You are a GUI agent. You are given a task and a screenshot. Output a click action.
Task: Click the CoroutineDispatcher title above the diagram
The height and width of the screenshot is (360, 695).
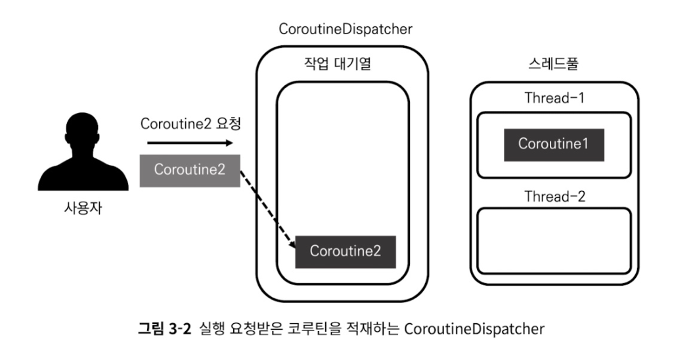[346, 29]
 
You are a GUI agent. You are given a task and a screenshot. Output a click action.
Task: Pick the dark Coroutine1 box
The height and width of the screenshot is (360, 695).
[554, 145]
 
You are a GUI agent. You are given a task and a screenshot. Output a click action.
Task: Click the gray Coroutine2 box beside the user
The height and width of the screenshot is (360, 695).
[190, 169]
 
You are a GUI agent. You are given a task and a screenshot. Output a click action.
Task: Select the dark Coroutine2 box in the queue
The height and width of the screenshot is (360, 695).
[346, 251]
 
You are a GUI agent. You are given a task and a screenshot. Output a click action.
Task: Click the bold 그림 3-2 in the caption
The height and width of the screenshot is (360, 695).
[164, 328]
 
